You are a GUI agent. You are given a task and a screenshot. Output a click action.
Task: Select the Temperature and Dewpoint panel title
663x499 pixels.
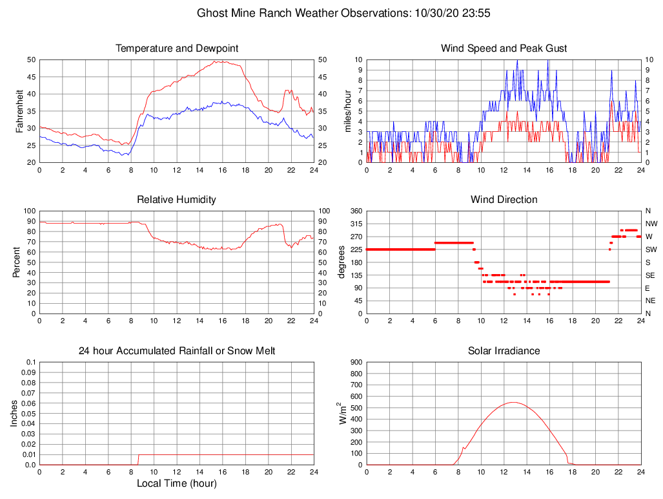(177, 48)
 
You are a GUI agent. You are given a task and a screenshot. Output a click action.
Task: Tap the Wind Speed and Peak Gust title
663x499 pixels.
(504, 48)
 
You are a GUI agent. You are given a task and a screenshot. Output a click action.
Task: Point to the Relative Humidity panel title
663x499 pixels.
(177, 200)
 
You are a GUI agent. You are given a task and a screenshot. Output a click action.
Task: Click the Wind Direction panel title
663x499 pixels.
(504, 200)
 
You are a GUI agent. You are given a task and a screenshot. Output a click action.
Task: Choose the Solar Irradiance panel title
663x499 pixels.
(504, 351)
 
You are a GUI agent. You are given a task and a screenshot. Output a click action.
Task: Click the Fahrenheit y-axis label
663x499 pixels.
(19, 111)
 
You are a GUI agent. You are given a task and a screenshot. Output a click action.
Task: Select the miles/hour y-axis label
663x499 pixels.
(347, 111)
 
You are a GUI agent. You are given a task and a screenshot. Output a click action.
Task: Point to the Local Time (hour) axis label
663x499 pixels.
(177, 483)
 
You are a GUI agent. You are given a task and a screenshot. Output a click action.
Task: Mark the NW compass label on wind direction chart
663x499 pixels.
(651, 224)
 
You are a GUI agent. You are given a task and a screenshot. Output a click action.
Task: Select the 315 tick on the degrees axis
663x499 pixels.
(355, 224)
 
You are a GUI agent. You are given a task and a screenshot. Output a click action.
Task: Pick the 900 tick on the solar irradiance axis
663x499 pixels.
(355, 362)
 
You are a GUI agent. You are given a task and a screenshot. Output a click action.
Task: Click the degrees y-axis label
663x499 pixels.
(342, 262)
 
